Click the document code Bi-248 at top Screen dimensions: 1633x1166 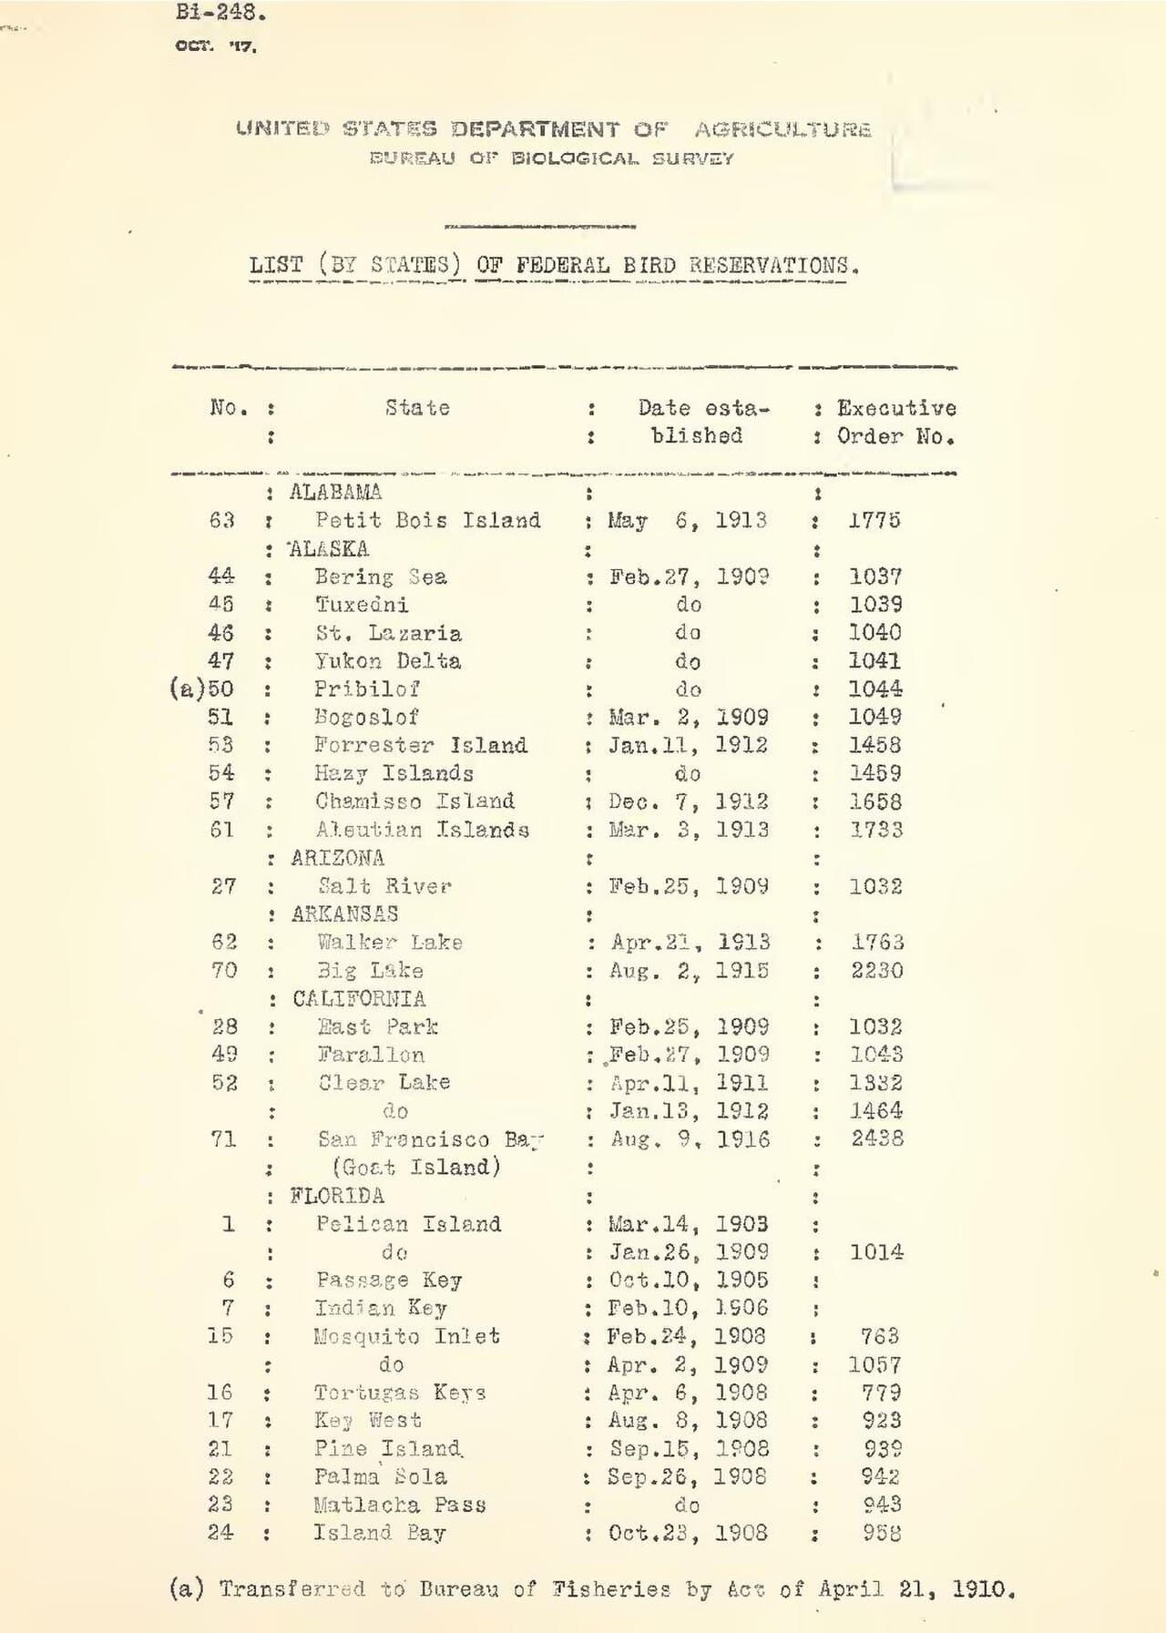point(220,13)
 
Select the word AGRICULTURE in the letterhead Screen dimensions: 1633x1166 point(782,129)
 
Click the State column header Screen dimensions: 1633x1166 point(417,408)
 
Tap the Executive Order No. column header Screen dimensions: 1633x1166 point(896,422)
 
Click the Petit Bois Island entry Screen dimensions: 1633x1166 point(427,521)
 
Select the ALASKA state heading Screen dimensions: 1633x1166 point(329,549)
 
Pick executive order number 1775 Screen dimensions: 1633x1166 point(874,521)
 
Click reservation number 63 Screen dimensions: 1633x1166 point(221,521)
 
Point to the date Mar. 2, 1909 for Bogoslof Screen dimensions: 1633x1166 point(689,718)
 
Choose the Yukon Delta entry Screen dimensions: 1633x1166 point(388,661)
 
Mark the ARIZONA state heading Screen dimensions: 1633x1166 point(337,858)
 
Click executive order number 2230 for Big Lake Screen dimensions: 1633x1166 point(877,971)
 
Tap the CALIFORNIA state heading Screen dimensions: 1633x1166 point(359,999)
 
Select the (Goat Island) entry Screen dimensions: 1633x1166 point(416,1168)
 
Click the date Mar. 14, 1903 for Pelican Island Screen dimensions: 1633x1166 point(689,1224)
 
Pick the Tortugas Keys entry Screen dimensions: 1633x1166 point(400,1393)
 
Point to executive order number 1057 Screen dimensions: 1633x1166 point(874,1365)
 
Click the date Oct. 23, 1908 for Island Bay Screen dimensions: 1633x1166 point(689,1534)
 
